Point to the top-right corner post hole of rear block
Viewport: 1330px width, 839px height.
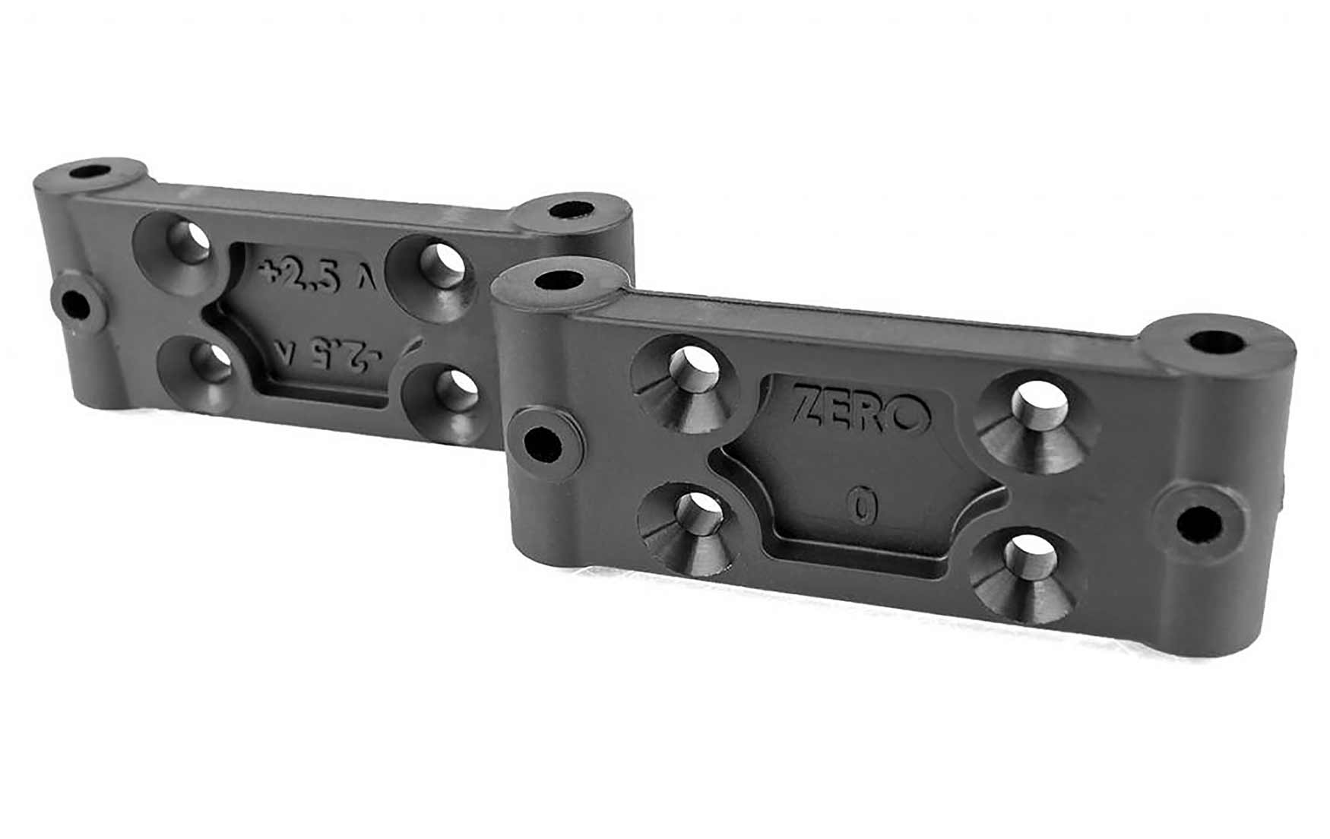(x=571, y=207)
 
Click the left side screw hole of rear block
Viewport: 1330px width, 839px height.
(x=76, y=306)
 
